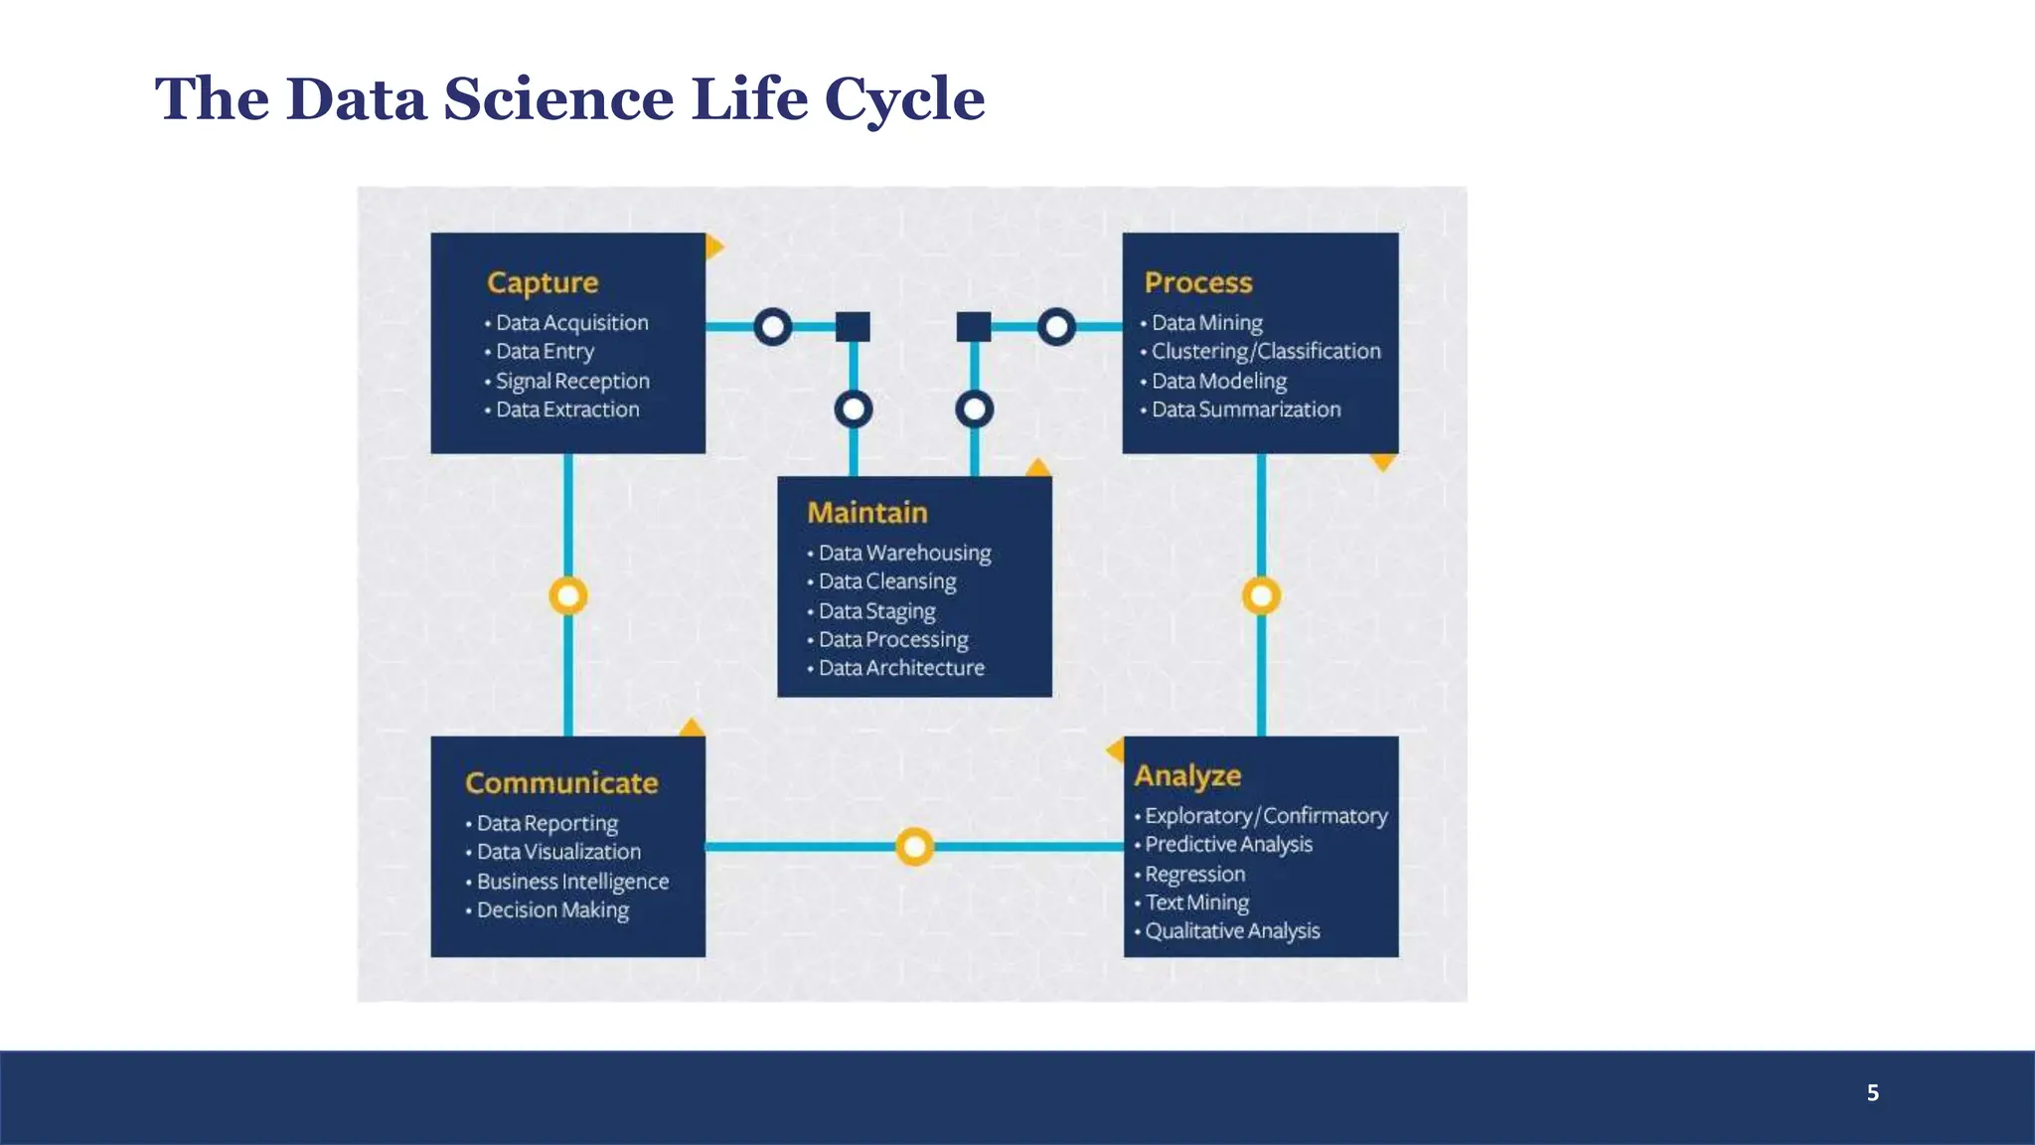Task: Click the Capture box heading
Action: point(543,283)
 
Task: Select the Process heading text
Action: point(1198,283)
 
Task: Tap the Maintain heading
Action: point(867,513)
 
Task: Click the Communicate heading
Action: point(561,783)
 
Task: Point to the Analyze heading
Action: point(1187,775)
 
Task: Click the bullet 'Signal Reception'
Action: point(572,381)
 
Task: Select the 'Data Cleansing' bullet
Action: point(886,581)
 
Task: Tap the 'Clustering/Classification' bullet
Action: point(1265,352)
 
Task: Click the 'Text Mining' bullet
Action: point(1196,902)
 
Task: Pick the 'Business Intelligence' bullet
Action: point(572,882)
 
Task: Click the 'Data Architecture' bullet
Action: point(900,668)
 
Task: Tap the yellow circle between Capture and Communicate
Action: point(568,596)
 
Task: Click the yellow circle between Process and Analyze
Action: point(1261,596)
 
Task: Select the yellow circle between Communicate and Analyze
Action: point(914,847)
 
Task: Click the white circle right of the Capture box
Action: point(773,326)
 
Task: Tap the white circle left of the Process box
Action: point(1056,326)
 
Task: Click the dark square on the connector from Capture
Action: point(853,326)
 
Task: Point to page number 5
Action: point(1872,1093)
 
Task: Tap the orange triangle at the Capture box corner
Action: point(713,245)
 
